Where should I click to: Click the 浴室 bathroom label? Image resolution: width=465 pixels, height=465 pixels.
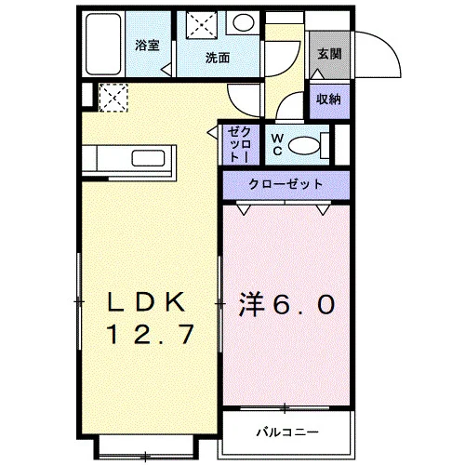[x=147, y=46]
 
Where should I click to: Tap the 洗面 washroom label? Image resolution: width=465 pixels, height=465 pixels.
[x=218, y=58]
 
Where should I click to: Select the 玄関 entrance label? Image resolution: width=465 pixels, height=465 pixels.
[x=329, y=54]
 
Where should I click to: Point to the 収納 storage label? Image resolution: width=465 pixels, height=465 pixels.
[x=328, y=100]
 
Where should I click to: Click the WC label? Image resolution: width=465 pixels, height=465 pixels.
[x=277, y=144]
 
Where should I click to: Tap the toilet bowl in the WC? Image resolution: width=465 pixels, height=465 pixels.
[x=304, y=145]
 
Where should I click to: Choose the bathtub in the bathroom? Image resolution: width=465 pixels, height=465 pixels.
[x=103, y=44]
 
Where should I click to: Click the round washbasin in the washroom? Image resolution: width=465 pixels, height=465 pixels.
[x=244, y=22]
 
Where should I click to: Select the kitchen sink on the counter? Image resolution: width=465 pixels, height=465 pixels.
[x=148, y=158]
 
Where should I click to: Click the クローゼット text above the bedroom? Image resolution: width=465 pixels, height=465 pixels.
[x=286, y=184]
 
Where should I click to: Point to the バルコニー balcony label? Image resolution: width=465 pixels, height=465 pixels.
[x=287, y=432]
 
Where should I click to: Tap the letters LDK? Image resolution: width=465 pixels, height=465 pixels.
[x=147, y=302]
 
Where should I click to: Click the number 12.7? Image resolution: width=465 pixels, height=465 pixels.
[x=151, y=334]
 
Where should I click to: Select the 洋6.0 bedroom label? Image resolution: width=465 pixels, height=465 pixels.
[x=286, y=305]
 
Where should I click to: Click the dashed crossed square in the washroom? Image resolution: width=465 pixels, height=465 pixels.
[x=202, y=25]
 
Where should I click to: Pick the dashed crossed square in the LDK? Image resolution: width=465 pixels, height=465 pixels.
[x=113, y=98]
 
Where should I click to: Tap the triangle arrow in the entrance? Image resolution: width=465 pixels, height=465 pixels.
[x=318, y=74]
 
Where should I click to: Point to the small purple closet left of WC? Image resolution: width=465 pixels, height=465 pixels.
[x=241, y=145]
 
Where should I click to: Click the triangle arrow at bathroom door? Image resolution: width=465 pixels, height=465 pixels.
[x=166, y=69]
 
